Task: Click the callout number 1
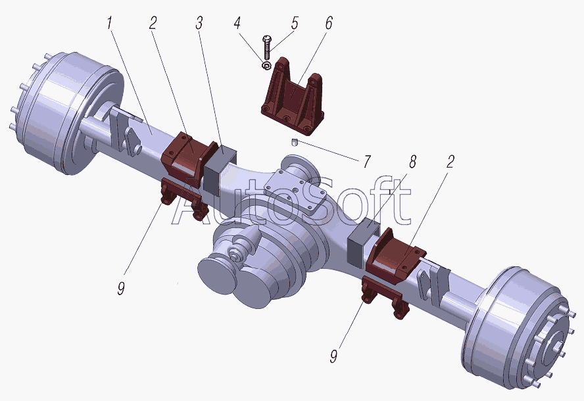109,24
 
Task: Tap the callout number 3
199,23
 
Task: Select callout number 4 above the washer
237,23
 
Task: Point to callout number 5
295,23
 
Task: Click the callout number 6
329,23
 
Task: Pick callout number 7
367,162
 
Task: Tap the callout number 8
412,162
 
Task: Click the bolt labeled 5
267,47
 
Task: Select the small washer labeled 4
266,66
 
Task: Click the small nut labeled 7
294,142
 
